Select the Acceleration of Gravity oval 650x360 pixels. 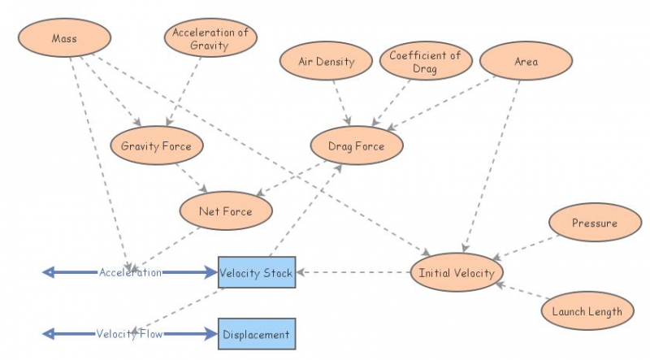[210, 39]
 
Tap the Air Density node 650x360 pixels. [326, 62]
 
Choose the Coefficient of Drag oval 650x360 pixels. [425, 62]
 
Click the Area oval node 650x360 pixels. [526, 62]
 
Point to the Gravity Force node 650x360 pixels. [156, 146]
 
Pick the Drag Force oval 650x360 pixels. [356, 147]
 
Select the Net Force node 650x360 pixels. [225, 212]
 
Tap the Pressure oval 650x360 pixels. [594, 223]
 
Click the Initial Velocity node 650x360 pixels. [457, 273]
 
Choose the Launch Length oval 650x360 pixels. [587, 311]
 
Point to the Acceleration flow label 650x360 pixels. [130, 272]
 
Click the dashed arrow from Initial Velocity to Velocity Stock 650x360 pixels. [353, 273]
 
